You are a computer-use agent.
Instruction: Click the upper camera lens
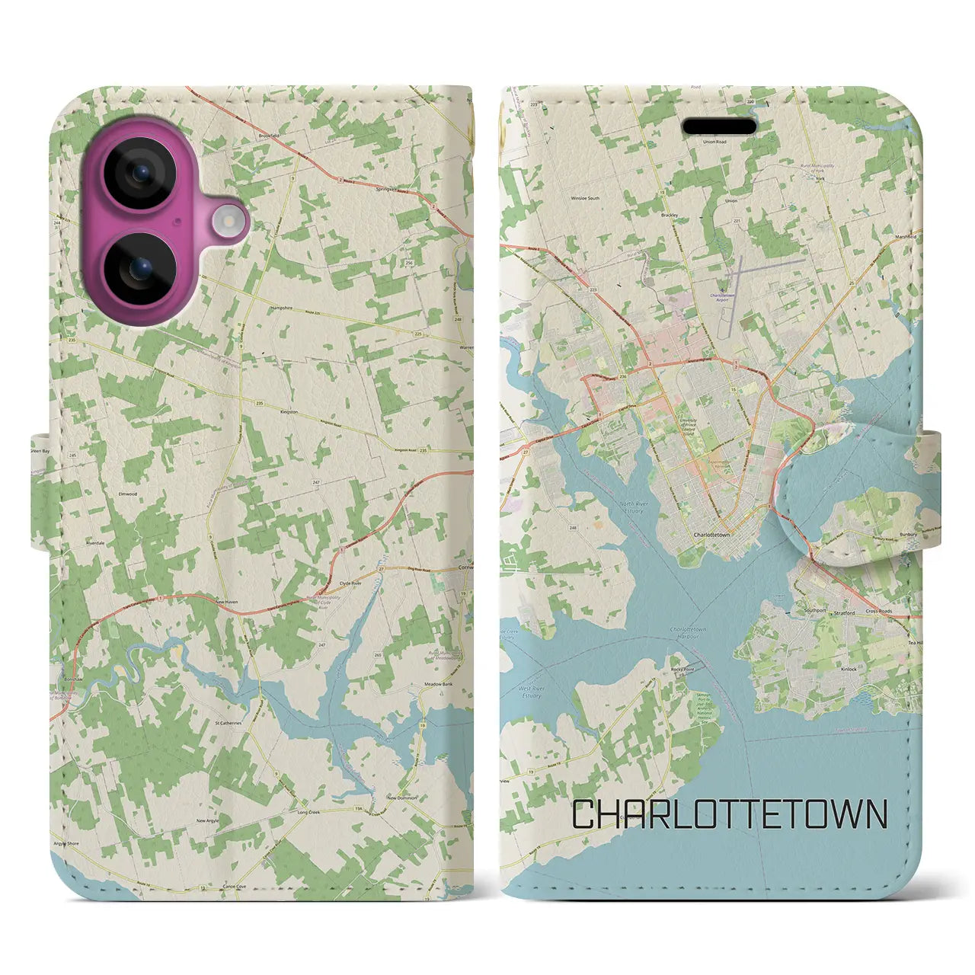tap(140, 173)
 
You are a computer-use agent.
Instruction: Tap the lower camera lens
tap(140, 270)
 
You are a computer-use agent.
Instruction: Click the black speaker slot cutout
tap(720, 126)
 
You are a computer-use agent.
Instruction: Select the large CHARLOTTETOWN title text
tap(729, 814)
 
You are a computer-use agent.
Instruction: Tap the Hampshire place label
tap(283, 308)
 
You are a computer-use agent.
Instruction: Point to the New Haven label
tap(226, 602)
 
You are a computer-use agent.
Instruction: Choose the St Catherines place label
tap(228, 723)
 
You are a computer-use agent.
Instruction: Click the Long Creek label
tap(308, 812)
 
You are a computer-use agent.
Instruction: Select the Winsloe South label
tap(585, 198)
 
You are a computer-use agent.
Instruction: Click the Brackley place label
tap(670, 216)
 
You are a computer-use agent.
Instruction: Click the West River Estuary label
tap(530, 692)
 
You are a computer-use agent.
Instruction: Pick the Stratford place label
tap(844, 612)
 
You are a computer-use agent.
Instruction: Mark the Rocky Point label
tap(682, 670)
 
